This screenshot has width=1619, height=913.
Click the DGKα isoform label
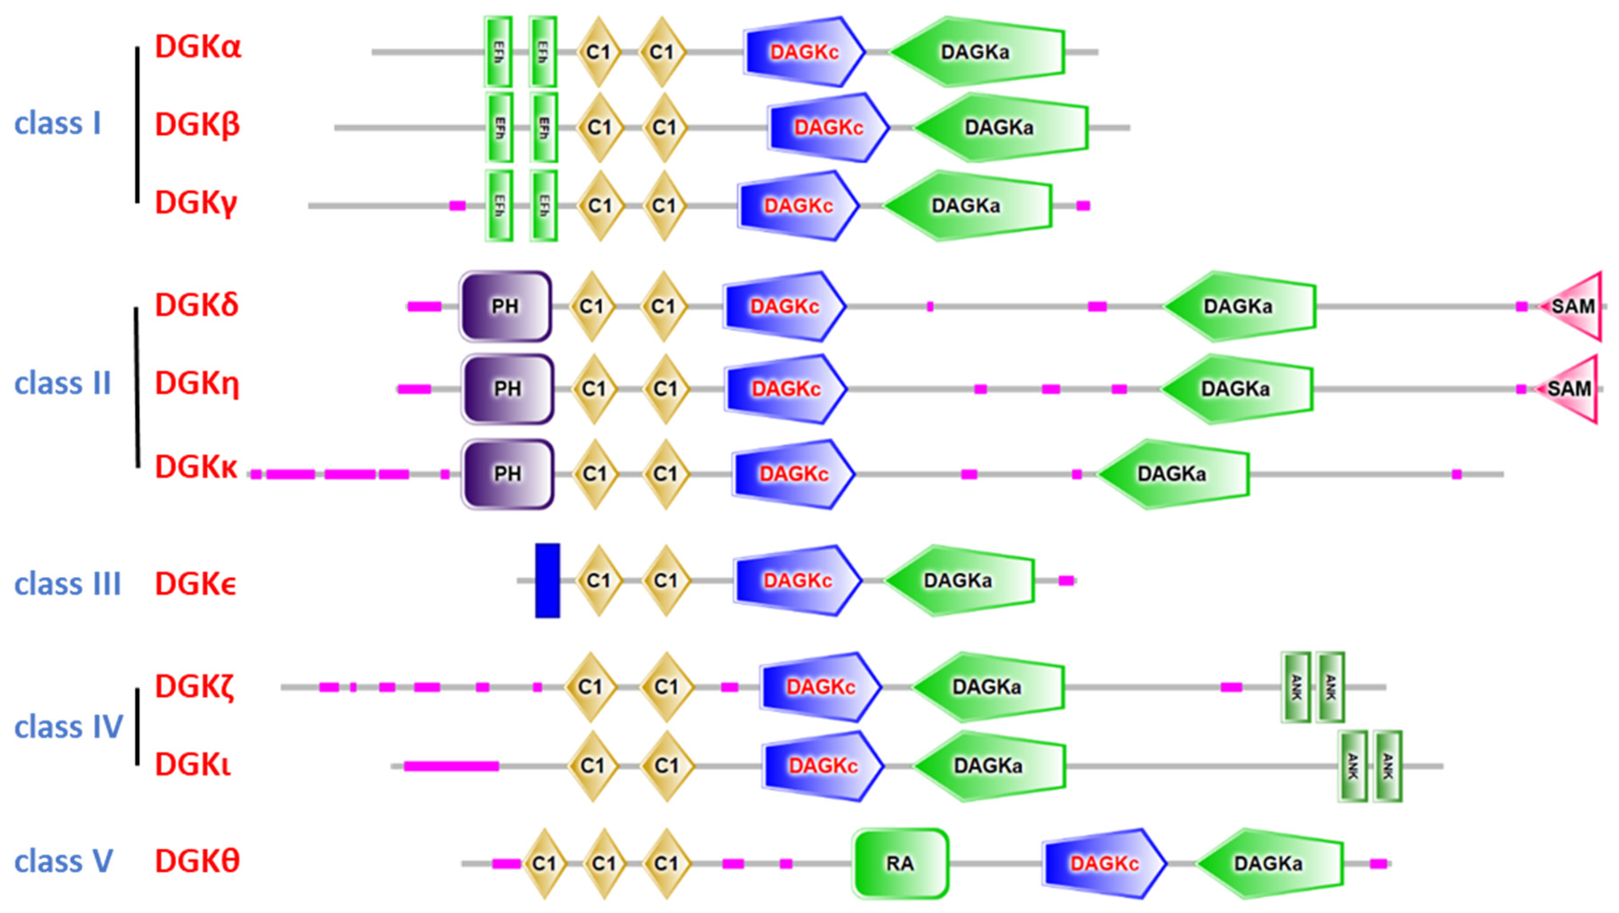click(198, 47)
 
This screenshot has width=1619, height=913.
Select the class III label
click(67, 584)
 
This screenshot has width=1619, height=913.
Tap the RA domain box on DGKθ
click(900, 863)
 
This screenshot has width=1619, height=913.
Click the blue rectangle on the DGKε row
click(547, 581)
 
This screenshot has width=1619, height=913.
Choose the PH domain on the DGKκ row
click(507, 474)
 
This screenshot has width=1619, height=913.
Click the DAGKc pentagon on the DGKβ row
click(828, 127)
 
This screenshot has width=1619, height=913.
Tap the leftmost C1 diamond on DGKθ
click(544, 863)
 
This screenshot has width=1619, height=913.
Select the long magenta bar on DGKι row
click(451, 766)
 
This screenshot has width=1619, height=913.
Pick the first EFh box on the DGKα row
click(498, 51)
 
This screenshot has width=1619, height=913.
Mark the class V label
click(64, 861)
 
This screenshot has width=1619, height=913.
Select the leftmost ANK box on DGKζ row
click(1296, 687)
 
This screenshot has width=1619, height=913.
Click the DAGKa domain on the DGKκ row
click(1173, 474)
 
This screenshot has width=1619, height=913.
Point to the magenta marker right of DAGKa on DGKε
click(1066, 580)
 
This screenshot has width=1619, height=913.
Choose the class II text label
click(62, 383)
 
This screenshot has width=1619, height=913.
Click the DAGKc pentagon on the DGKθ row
click(1104, 863)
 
